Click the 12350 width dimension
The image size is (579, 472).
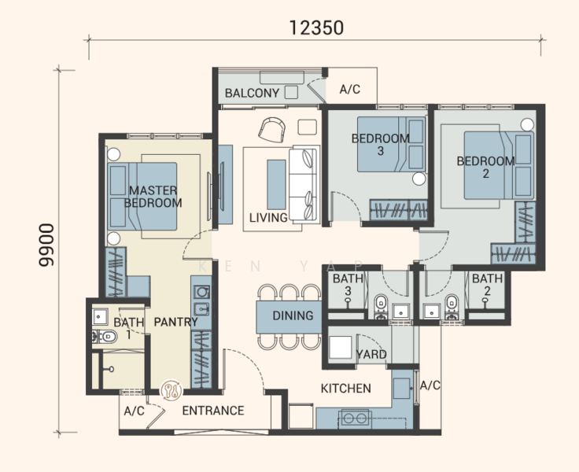[316, 28]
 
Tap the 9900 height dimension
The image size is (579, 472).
[46, 245]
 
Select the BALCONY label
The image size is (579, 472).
[252, 93]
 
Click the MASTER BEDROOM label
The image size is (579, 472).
[153, 197]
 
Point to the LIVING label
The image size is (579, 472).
[268, 218]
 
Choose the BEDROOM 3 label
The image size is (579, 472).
[381, 145]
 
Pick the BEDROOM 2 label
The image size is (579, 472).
[485, 167]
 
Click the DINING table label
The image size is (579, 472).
[293, 315]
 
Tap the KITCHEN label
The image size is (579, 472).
[345, 388]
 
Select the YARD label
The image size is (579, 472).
[371, 354]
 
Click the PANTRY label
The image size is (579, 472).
[175, 322]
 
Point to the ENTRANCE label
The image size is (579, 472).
[213, 411]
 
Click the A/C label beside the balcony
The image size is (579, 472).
[350, 89]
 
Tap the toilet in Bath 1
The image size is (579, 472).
[105, 337]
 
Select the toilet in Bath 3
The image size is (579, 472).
[380, 307]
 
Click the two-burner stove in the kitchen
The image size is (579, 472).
[355, 418]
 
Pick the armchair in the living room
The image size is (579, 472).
[271, 130]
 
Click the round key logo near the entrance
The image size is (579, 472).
[171, 391]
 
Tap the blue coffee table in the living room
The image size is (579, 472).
[276, 185]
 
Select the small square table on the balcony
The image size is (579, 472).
[291, 92]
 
